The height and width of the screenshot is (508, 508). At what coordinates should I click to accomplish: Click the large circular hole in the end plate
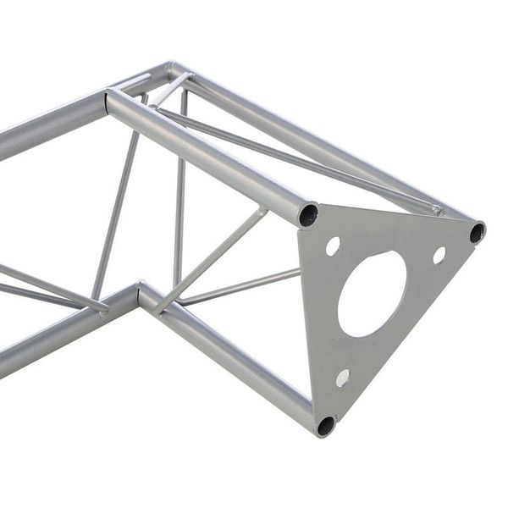pyautogui.click(x=373, y=293)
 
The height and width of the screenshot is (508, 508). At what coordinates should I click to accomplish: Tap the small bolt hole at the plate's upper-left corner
pyautogui.click(x=333, y=246)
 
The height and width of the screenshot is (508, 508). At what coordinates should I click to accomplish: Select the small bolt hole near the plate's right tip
pyautogui.click(x=439, y=254)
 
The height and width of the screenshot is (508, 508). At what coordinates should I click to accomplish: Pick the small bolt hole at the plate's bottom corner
pyautogui.click(x=342, y=378)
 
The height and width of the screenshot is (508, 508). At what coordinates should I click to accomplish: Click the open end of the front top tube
pyautogui.click(x=308, y=214)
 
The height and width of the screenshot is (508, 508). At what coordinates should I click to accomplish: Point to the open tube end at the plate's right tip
pyautogui.click(x=478, y=231)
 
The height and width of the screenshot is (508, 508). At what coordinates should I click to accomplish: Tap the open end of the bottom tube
pyautogui.click(x=325, y=425)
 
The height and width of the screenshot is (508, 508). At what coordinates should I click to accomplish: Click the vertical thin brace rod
pyautogui.click(x=179, y=195)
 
